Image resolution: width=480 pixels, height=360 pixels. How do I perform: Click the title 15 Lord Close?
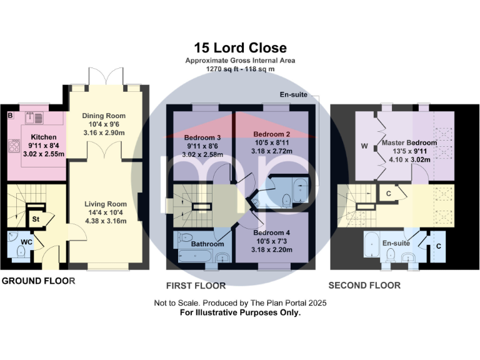click(x=240, y=48)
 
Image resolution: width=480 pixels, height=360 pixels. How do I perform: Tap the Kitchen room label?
click(x=44, y=137)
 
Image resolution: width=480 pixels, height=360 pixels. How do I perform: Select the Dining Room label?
click(x=104, y=116)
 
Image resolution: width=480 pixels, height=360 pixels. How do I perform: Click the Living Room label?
click(x=106, y=204)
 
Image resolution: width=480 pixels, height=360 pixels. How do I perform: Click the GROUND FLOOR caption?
click(x=38, y=281)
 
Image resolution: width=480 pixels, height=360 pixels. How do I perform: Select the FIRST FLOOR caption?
click(x=196, y=286)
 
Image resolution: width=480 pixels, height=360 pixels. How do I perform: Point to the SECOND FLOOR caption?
click(x=364, y=286)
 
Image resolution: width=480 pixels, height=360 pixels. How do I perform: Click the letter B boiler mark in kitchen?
click(x=9, y=116)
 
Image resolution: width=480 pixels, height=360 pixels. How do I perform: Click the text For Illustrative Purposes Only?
click(x=240, y=312)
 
